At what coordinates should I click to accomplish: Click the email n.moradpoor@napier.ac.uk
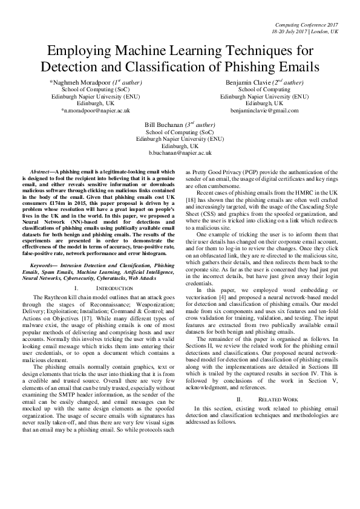click(x=95, y=111)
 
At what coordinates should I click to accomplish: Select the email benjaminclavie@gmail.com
click(x=264, y=111)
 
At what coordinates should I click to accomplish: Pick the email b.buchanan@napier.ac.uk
click(x=180, y=154)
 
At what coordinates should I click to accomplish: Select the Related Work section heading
click(x=270, y=400)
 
